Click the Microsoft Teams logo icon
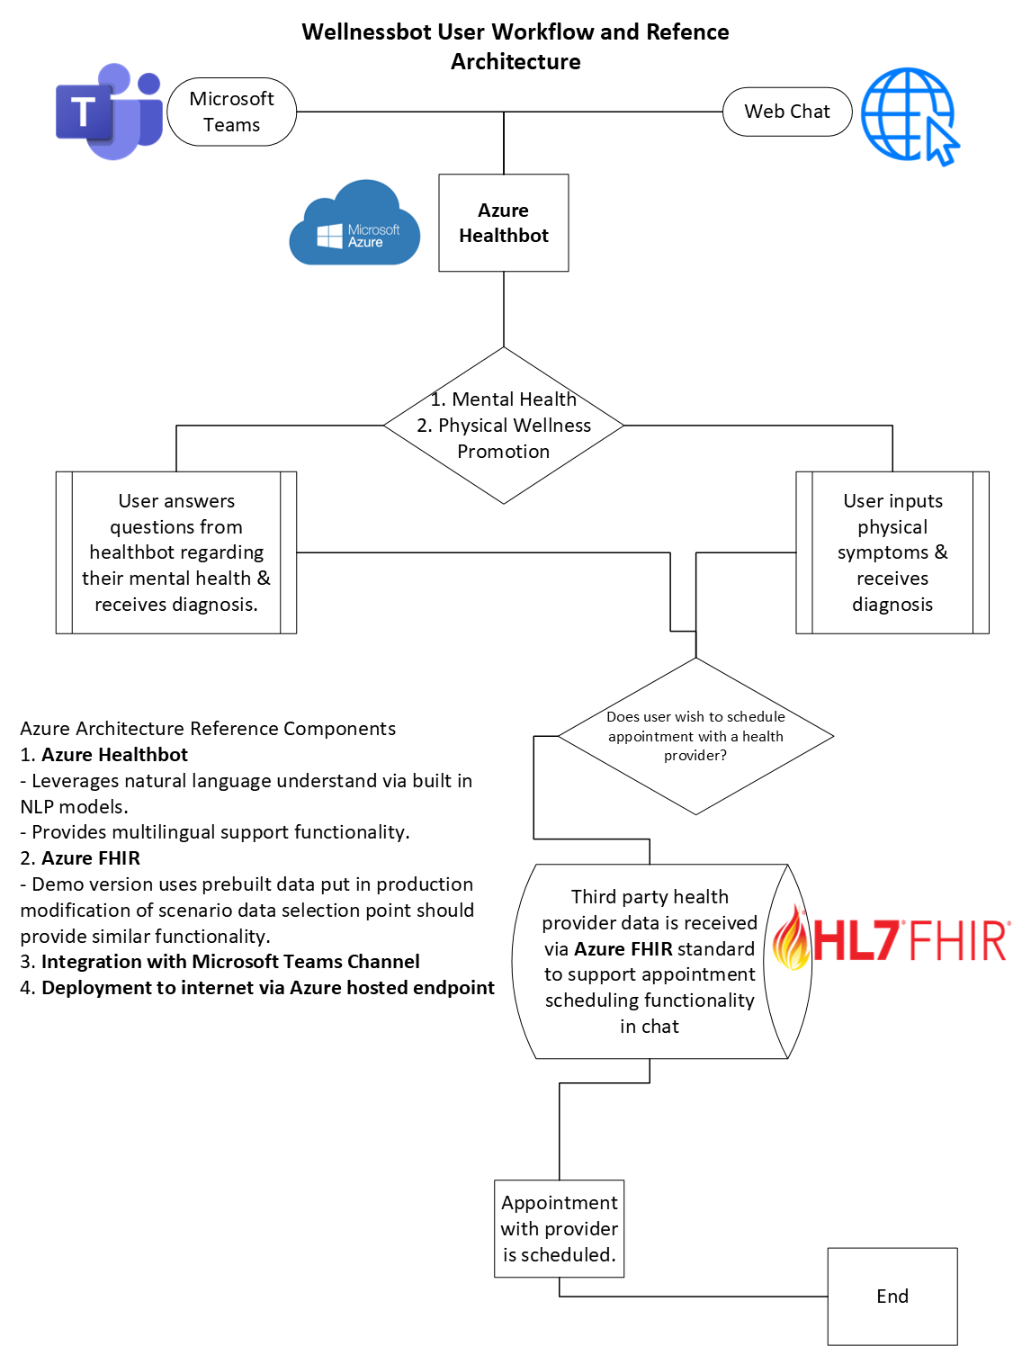[x=108, y=112]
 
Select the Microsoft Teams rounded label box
[x=231, y=112]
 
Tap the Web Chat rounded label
[x=787, y=112]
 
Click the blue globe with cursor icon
[x=910, y=116]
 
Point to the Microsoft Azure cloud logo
[x=354, y=225]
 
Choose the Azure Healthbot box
[x=503, y=223]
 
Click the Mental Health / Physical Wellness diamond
[x=503, y=426]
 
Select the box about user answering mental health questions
[x=176, y=552]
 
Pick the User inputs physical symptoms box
[x=892, y=552]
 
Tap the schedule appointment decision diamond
[x=695, y=736]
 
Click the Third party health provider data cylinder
[x=650, y=961]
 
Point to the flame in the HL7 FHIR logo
[x=792, y=940]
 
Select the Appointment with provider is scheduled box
[x=559, y=1228]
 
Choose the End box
[x=892, y=1296]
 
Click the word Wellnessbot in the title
[x=367, y=32]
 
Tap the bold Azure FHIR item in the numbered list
[x=91, y=858]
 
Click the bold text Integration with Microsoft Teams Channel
[x=230, y=962]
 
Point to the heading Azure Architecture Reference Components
[x=208, y=729]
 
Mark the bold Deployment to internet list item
[x=268, y=988]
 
